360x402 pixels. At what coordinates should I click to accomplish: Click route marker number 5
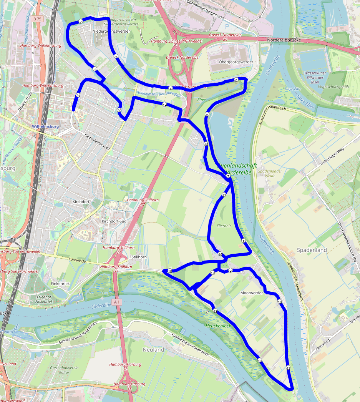(x=236, y=80)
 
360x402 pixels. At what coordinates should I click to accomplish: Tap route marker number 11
(x=288, y=368)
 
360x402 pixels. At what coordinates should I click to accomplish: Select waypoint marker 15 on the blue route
(x=169, y=271)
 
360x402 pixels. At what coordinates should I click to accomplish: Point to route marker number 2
(x=80, y=22)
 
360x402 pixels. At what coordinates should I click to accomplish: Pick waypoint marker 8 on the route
(x=243, y=241)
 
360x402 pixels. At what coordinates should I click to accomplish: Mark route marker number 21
(x=78, y=95)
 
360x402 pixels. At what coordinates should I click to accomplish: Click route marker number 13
(x=215, y=311)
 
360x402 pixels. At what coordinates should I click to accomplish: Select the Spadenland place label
(x=312, y=250)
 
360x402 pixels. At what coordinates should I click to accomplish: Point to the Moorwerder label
(x=251, y=293)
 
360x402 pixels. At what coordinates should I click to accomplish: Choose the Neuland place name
(x=153, y=350)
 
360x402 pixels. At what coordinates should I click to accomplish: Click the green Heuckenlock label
(x=218, y=326)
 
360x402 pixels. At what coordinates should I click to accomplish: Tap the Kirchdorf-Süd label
(x=114, y=222)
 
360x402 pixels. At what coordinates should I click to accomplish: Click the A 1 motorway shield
(x=117, y=302)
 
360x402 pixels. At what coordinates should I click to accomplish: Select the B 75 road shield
(x=37, y=19)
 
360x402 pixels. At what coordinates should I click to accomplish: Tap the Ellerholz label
(x=224, y=226)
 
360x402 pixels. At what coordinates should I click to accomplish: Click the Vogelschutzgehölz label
(x=331, y=87)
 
